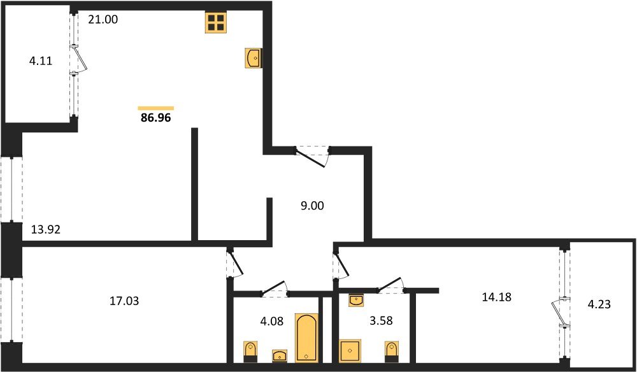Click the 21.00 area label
coord(103,19)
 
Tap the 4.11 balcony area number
coord(41,62)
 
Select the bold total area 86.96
coord(155,118)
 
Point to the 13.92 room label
coord(46,230)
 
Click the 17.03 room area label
coord(124,301)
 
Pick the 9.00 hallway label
coord(312,206)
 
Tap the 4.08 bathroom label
coord(272,322)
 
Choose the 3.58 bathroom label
coord(380,321)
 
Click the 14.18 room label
coord(496,297)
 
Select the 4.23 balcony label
coord(599,304)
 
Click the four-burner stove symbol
coord(215,22)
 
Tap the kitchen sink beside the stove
coord(253,58)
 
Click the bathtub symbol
coord(306,338)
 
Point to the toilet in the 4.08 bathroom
coord(250,351)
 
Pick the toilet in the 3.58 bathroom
coord(391,352)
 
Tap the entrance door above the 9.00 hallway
coord(312,156)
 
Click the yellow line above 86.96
coord(156,108)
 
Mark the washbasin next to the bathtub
coord(280,355)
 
